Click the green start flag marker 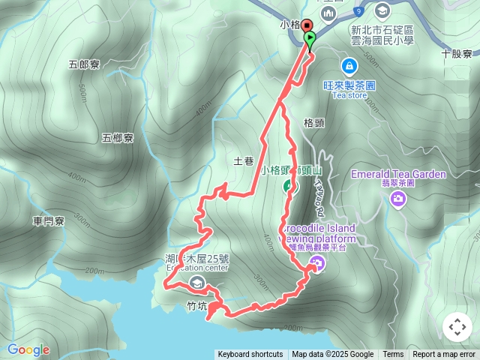[x=310, y=38]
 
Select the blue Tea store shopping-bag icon [x=349, y=66]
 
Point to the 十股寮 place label [x=456, y=54]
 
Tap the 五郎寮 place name [x=84, y=64]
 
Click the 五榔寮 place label [x=118, y=138]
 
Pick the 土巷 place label [x=244, y=160]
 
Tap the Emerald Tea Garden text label [x=398, y=175]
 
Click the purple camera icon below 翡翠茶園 [x=398, y=199]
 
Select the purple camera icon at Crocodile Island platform [x=317, y=262]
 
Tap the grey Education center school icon [x=197, y=282]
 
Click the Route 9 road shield [x=359, y=11]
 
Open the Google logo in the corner [x=28, y=349]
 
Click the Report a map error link [x=444, y=355]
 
